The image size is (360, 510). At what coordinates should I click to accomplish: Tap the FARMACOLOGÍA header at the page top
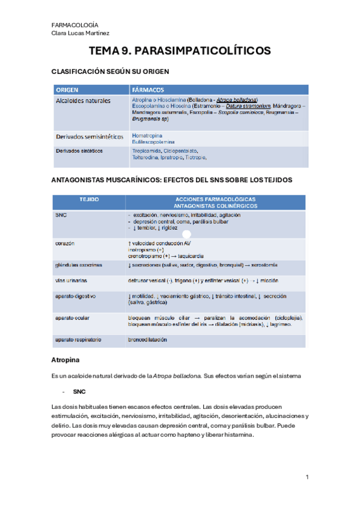click(76, 25)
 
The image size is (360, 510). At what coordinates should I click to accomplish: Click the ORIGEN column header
click(67, 90)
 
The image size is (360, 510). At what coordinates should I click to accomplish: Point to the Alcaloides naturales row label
click(83, 100)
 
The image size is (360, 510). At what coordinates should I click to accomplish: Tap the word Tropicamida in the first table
click(147, 150)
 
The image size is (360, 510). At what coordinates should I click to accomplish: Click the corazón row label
click(65, 244)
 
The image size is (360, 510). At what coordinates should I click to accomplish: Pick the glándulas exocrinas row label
click(78, 265)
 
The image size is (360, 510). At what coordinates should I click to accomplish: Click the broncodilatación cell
click(147, 340)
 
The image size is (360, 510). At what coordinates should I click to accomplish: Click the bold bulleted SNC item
click(79, 392)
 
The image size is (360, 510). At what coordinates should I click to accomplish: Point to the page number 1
click(307, 477)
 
